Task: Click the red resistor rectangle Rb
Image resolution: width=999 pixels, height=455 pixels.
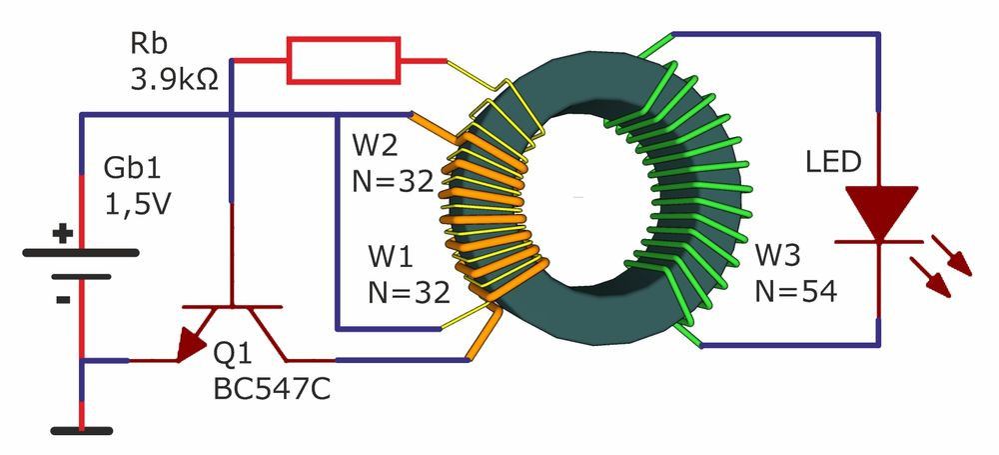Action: [x=344, y=60]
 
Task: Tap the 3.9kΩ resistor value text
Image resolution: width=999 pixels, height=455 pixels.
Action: [x=175, y=80]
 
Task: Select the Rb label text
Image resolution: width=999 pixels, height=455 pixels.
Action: [x=149, y=44]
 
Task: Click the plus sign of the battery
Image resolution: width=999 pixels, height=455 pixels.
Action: [x=62, y=234]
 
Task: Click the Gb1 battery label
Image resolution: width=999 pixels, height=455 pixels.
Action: [x=133, y=169]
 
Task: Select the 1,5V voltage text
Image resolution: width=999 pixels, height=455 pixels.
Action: [x=137, y=205]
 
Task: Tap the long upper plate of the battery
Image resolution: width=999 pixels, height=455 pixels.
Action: [x=81, y=253]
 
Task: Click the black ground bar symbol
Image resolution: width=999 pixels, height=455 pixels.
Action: [x=82, y=431]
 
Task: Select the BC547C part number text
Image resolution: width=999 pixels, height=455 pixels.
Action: [x=272, y=389]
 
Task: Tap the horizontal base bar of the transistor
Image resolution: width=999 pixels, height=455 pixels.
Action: [x=232, y=307]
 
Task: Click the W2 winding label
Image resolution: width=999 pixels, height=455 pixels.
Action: [x=376, y=146]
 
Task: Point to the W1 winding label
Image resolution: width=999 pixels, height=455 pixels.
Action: [x=391, y=257]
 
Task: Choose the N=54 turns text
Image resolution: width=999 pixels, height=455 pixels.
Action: [x=796, y=292]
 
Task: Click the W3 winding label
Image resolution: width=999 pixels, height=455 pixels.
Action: [x=778, y=255]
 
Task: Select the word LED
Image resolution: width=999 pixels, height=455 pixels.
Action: [x=833, y=163]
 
